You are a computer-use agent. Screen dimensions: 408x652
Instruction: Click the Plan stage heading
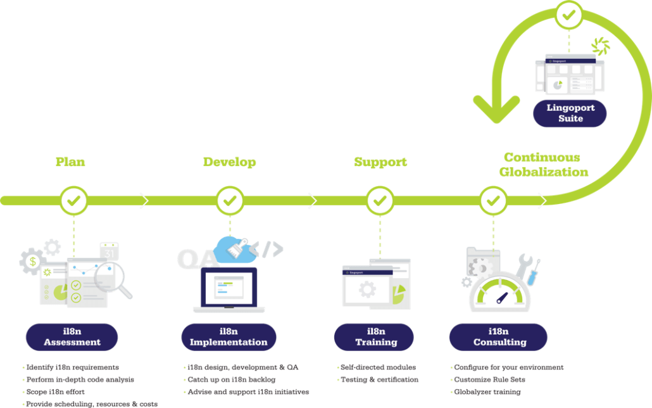[x=70, y=162]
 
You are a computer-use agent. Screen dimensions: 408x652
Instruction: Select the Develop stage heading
[x=229, y=162]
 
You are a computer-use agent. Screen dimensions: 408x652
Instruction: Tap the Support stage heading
[x=380, y=162]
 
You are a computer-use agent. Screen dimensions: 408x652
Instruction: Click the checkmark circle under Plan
[x=74, y=201]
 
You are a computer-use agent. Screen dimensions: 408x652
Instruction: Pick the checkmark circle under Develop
[x=230, y=201]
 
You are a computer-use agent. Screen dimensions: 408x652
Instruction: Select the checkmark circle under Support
[x=380, y=201]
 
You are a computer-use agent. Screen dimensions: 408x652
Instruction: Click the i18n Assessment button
[x=72, y=337]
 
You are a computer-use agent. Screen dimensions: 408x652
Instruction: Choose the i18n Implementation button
[x=229, y=337]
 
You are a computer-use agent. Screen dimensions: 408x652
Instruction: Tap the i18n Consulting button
[x=499, y=337]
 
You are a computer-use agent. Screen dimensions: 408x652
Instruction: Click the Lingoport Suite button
[x=570, y=113]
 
